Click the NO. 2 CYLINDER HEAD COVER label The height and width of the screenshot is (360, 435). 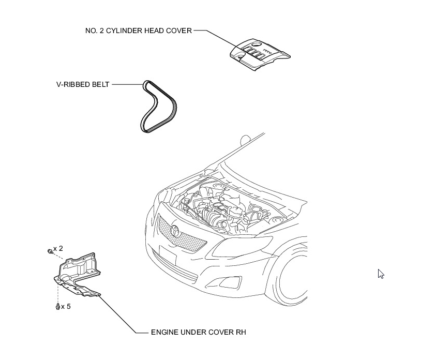138,31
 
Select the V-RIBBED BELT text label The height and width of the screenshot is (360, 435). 83,84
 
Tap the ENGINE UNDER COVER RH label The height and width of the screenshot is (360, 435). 198,332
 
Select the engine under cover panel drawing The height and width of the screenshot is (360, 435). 78,274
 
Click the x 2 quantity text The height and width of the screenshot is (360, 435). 58,249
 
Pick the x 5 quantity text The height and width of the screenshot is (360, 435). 66,307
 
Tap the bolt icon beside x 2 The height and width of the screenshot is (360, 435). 49,251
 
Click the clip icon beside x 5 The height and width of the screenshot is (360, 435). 57,307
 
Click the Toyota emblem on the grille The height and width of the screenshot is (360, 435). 174,230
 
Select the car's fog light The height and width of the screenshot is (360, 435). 230,282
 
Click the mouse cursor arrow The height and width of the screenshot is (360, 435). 381,274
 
